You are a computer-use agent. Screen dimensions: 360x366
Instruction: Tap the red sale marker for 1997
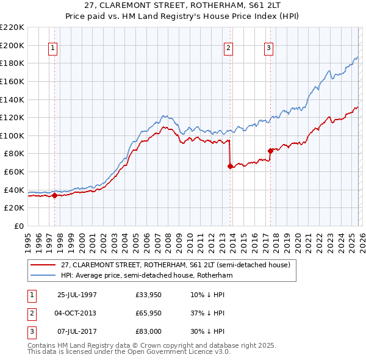(55, 195)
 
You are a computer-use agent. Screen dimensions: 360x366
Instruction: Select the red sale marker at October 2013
(230, 166)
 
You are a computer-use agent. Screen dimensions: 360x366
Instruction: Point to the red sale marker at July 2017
(270, 150)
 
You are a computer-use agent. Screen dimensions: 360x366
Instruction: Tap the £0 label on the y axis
(18, 226)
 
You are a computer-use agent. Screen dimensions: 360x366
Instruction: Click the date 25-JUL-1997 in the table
(77, 295)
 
